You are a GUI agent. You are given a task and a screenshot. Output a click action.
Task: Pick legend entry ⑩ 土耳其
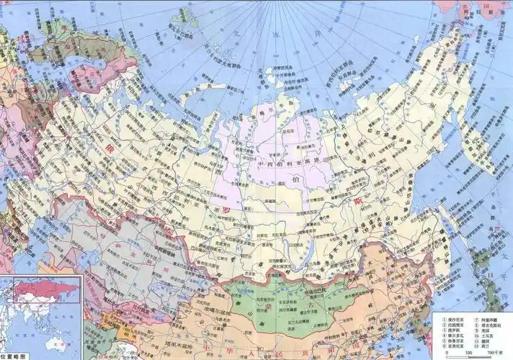coord(484,332)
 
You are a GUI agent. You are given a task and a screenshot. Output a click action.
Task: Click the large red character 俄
coord(110,148)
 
